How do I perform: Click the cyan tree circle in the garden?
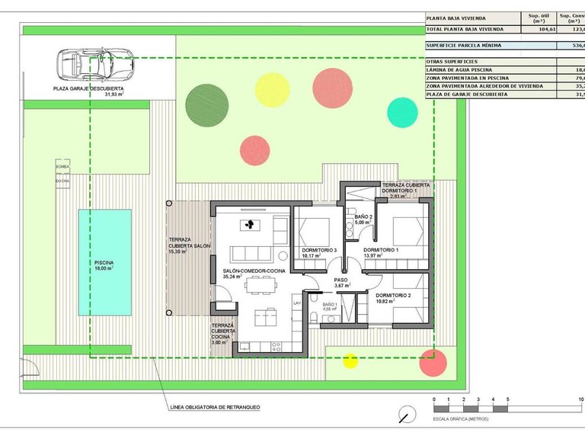tap(403, 112)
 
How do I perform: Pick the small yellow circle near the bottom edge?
tap(350, 361)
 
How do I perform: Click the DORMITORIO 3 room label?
tap(319, 252)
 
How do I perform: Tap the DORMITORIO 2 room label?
tap(393, 298)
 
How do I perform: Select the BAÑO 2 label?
tap(363, 219)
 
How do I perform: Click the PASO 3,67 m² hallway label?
tap(340, 283)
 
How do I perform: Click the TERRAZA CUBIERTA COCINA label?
tap(223, 334)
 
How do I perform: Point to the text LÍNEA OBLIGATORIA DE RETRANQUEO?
tap(216, 408)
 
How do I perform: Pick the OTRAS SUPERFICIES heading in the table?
tap(452, 61)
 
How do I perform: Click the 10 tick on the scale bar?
tap(580, 400)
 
